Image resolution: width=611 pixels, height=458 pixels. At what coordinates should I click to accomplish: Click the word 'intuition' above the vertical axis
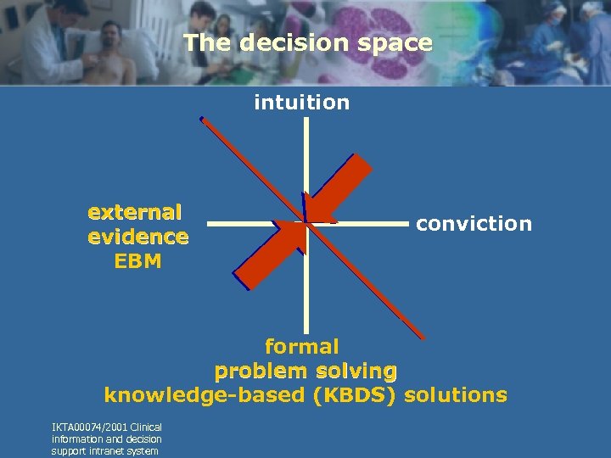point(301,103)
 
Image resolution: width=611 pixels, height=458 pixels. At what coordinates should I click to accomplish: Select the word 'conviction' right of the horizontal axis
point(474,224)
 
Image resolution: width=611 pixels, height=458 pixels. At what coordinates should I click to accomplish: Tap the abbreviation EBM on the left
point(137,261)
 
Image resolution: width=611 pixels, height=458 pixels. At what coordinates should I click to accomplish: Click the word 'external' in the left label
point(135,210)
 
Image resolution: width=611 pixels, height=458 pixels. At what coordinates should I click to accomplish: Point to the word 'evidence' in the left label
point(138,236)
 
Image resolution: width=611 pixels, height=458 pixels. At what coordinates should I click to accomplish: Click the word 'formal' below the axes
point(302,346)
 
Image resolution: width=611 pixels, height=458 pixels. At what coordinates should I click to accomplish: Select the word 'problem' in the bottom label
point(261,371)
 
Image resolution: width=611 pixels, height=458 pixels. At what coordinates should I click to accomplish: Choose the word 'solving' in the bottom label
point(356,371)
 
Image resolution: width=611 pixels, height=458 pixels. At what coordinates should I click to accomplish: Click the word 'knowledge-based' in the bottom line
point(205,395)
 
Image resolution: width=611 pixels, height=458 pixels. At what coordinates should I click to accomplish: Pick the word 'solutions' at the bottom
point(456,395)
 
